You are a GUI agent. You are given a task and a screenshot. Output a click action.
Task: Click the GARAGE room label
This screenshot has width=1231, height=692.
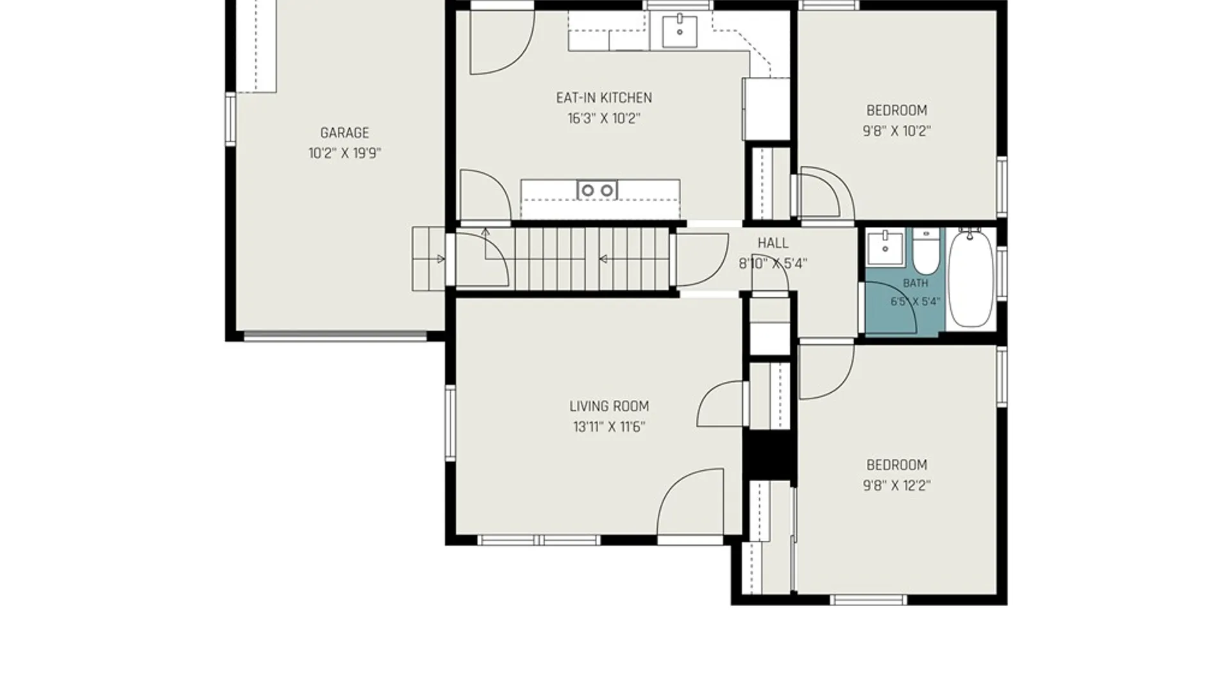344,133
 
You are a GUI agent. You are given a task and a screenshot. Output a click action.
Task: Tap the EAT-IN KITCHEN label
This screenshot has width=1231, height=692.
604,98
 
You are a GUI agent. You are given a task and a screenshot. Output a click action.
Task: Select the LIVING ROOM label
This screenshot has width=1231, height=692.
609,406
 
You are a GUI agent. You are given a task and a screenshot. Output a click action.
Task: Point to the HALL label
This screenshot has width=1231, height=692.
773,243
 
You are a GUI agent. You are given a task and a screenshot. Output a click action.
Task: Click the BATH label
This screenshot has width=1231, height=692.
916,283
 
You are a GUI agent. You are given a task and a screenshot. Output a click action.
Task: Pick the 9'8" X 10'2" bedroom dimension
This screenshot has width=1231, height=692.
896,131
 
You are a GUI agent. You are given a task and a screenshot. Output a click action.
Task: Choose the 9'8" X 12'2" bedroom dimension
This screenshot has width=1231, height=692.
896,486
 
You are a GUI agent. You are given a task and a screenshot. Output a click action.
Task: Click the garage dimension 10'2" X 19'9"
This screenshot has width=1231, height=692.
345,153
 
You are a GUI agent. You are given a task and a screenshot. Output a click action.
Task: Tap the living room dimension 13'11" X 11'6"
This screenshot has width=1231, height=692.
609,427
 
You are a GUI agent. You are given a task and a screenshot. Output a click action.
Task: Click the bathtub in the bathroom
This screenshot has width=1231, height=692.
971,279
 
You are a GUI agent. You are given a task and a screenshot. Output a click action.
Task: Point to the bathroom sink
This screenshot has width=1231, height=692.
885,247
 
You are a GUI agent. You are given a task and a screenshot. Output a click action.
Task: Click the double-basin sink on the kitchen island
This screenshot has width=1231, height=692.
598,190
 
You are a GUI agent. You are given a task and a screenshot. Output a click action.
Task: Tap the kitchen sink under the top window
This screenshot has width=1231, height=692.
680,30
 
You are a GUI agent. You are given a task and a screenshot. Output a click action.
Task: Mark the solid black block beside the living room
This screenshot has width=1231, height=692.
769,454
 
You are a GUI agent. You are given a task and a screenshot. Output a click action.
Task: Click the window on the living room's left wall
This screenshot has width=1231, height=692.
450,423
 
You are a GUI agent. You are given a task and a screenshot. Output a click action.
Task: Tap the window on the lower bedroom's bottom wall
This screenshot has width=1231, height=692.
868,600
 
